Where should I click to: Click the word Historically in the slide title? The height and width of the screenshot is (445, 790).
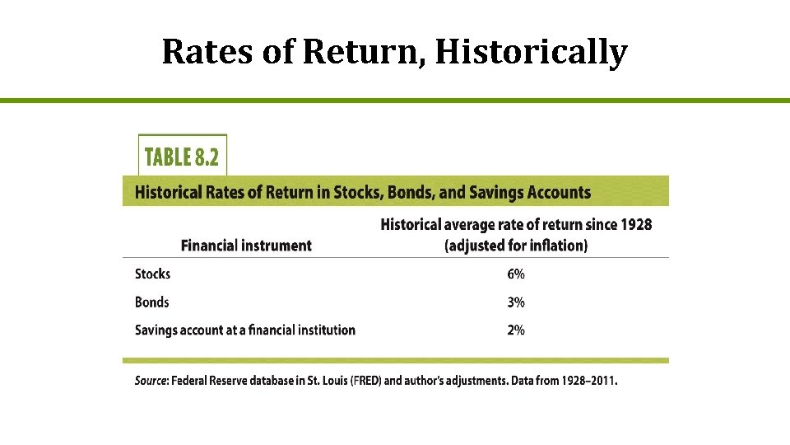tap(531, 52)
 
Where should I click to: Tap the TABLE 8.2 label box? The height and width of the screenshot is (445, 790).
tap(183, 155)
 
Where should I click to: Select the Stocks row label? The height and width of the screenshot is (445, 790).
tap(152, 274)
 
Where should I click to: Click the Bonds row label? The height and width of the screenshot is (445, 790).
tap(151, 302)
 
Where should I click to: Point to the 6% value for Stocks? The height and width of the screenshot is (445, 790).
tap(516, 274)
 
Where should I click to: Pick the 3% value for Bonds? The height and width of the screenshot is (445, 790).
tap(516, 302)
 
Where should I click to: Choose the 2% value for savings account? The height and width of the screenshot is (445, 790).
tap(516, 330)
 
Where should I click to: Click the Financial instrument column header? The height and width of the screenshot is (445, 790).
tap(246, 245)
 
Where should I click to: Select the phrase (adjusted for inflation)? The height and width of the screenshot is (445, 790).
tap(516, 246)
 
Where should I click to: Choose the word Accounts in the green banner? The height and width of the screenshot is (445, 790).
tap(562, 193)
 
